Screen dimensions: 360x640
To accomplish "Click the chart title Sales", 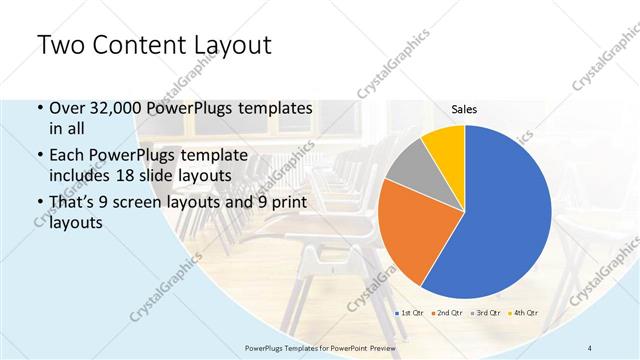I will (465, 108).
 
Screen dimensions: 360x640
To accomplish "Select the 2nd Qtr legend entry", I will (445, 314).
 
